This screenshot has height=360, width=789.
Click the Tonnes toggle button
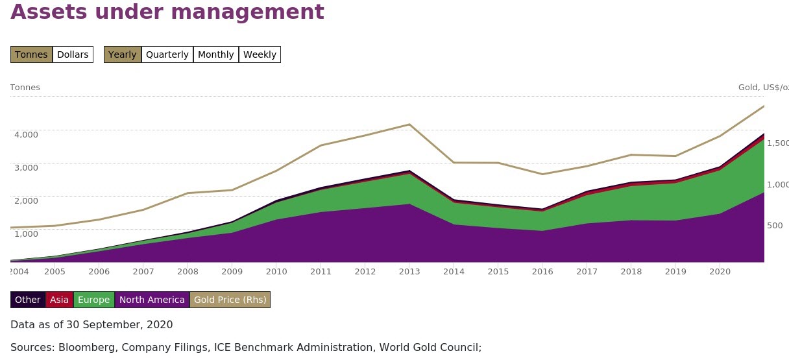[x=31, y=54]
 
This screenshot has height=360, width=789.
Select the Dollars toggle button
[x=73, y=54]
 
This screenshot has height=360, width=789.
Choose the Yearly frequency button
[x=123, y=54]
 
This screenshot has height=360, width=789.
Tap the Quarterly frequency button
[x=167, y=54]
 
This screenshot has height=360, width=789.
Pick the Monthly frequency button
[x=216, y=54]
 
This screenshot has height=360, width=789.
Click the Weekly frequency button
[x=260, y=54]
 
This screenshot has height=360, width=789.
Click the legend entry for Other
[x=28, y=300]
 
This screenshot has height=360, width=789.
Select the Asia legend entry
[x=60, y=300]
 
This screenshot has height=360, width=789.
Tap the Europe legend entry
[x=94, y=300]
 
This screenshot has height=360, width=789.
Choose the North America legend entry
[x=152, y=300]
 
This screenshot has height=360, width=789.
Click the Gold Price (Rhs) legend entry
[x=230, y=300]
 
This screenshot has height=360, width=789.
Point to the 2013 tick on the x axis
[x=409, y=271]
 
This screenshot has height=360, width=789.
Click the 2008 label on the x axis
[x=188, y=271]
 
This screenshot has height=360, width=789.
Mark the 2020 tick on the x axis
[x=719, y=271]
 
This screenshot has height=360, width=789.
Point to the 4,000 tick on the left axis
[x=26, y=134]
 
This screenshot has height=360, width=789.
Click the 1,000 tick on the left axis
[x=26, y=234]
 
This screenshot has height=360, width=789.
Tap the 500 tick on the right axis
[x=775, y=226]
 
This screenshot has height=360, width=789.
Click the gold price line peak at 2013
[x=409, y=125]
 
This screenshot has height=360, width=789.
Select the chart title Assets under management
[x=167, y=12]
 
